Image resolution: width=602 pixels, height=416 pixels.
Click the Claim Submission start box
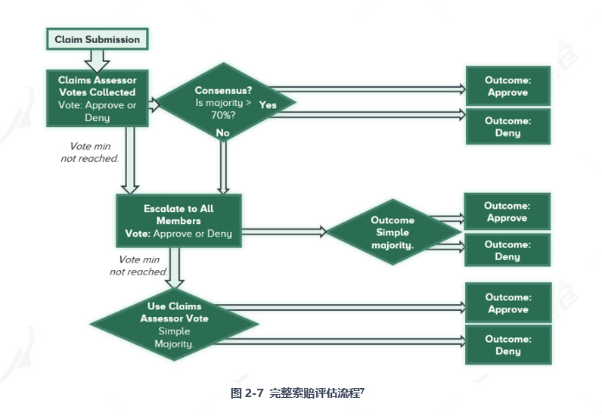point(97,39)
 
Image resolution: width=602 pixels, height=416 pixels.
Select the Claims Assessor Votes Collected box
point(97,98)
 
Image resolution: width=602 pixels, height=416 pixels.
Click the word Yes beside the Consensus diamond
point(268,105)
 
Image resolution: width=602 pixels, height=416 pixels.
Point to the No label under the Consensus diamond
point(222,133)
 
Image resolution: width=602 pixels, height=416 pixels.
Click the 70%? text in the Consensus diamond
point(223,115)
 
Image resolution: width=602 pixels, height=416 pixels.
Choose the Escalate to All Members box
point(178,221)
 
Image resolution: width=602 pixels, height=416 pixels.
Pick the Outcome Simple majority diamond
point(393,233)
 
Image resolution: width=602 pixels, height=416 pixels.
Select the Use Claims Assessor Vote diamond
point(175,324)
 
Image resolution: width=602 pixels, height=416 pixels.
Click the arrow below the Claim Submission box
point(97,58)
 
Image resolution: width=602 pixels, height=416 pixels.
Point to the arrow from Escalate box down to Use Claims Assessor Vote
point(175,267)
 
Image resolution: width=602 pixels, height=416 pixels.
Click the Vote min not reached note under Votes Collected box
point(90,153)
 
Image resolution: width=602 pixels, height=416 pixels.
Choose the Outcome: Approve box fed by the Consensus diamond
point(507,86)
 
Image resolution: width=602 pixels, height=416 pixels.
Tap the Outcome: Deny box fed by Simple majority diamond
point(507,250)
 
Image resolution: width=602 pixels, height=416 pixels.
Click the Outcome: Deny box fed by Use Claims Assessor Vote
point(507,345)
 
